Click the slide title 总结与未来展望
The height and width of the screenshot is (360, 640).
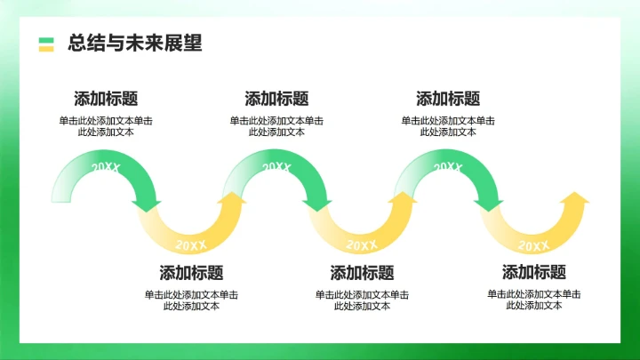(x=134, y=44)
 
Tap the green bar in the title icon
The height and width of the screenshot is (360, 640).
(x=46, y=39)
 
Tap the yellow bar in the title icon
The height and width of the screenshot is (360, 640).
(x=46, y=48)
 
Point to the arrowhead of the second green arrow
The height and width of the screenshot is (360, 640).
(x=317, y=205)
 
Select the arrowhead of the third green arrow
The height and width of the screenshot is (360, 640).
(x=488, y=205)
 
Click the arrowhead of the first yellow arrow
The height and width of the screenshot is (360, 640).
(x=232, y=198)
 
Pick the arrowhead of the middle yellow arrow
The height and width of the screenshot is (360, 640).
(x=404, y=198)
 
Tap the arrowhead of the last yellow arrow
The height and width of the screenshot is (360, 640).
(x=575, y=198)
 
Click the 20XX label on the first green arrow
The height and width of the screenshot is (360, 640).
(x=106, y=167)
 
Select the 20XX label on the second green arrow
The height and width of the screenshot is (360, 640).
(x=276, y=167)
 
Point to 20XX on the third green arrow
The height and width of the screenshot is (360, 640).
(x=447, y=167)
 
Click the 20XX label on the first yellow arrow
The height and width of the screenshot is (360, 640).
(x=191, y=245)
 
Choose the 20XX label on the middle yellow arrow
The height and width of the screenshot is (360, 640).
(x=362, y=245)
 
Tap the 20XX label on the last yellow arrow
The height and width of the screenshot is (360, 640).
(x=533, y=245)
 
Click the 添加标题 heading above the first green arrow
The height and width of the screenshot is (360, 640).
(x=106, y=99)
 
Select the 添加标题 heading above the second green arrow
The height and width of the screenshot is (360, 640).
(x=276, y=99)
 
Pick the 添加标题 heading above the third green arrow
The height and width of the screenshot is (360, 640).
(x=448, y=99)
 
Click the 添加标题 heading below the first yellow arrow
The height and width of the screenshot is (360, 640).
(x=191, y=273)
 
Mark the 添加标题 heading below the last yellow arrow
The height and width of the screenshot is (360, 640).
(x=533, y=273)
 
